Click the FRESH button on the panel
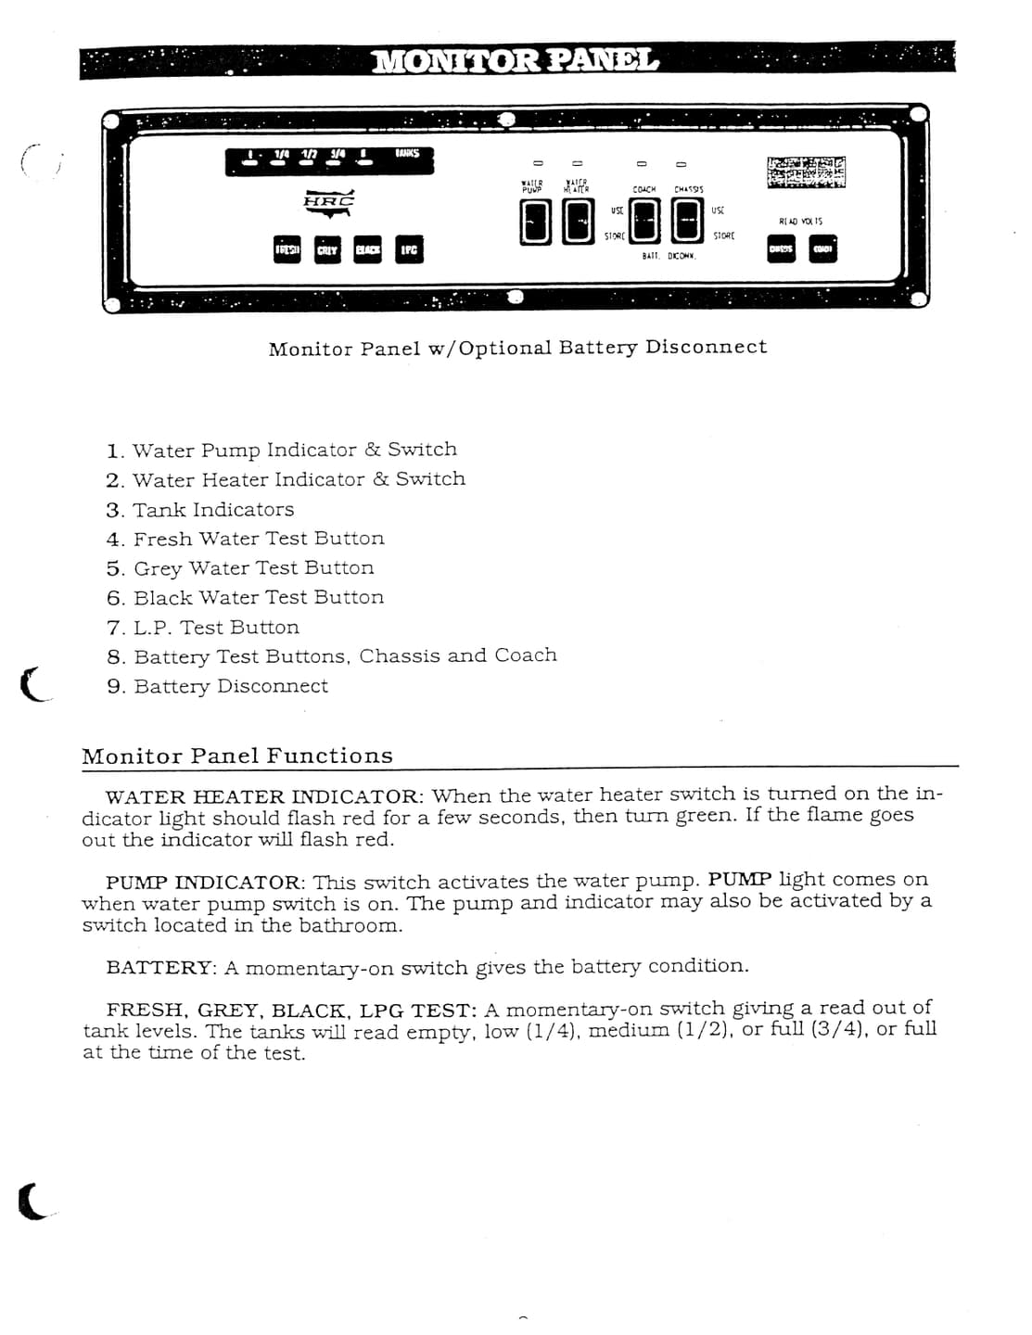[287, 249]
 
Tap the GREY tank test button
[327, 249]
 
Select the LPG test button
[409, 249]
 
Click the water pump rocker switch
[536, 223]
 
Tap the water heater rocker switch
[579, 223]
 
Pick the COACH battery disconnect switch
[645, 222]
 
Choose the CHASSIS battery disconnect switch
[687, 222]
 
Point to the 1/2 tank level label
[309, 155]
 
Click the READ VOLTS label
[800, 222]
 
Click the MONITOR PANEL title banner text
[516, 61]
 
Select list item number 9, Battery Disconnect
[230, 686]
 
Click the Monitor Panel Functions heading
[237, 756]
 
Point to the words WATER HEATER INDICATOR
[263, 796]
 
